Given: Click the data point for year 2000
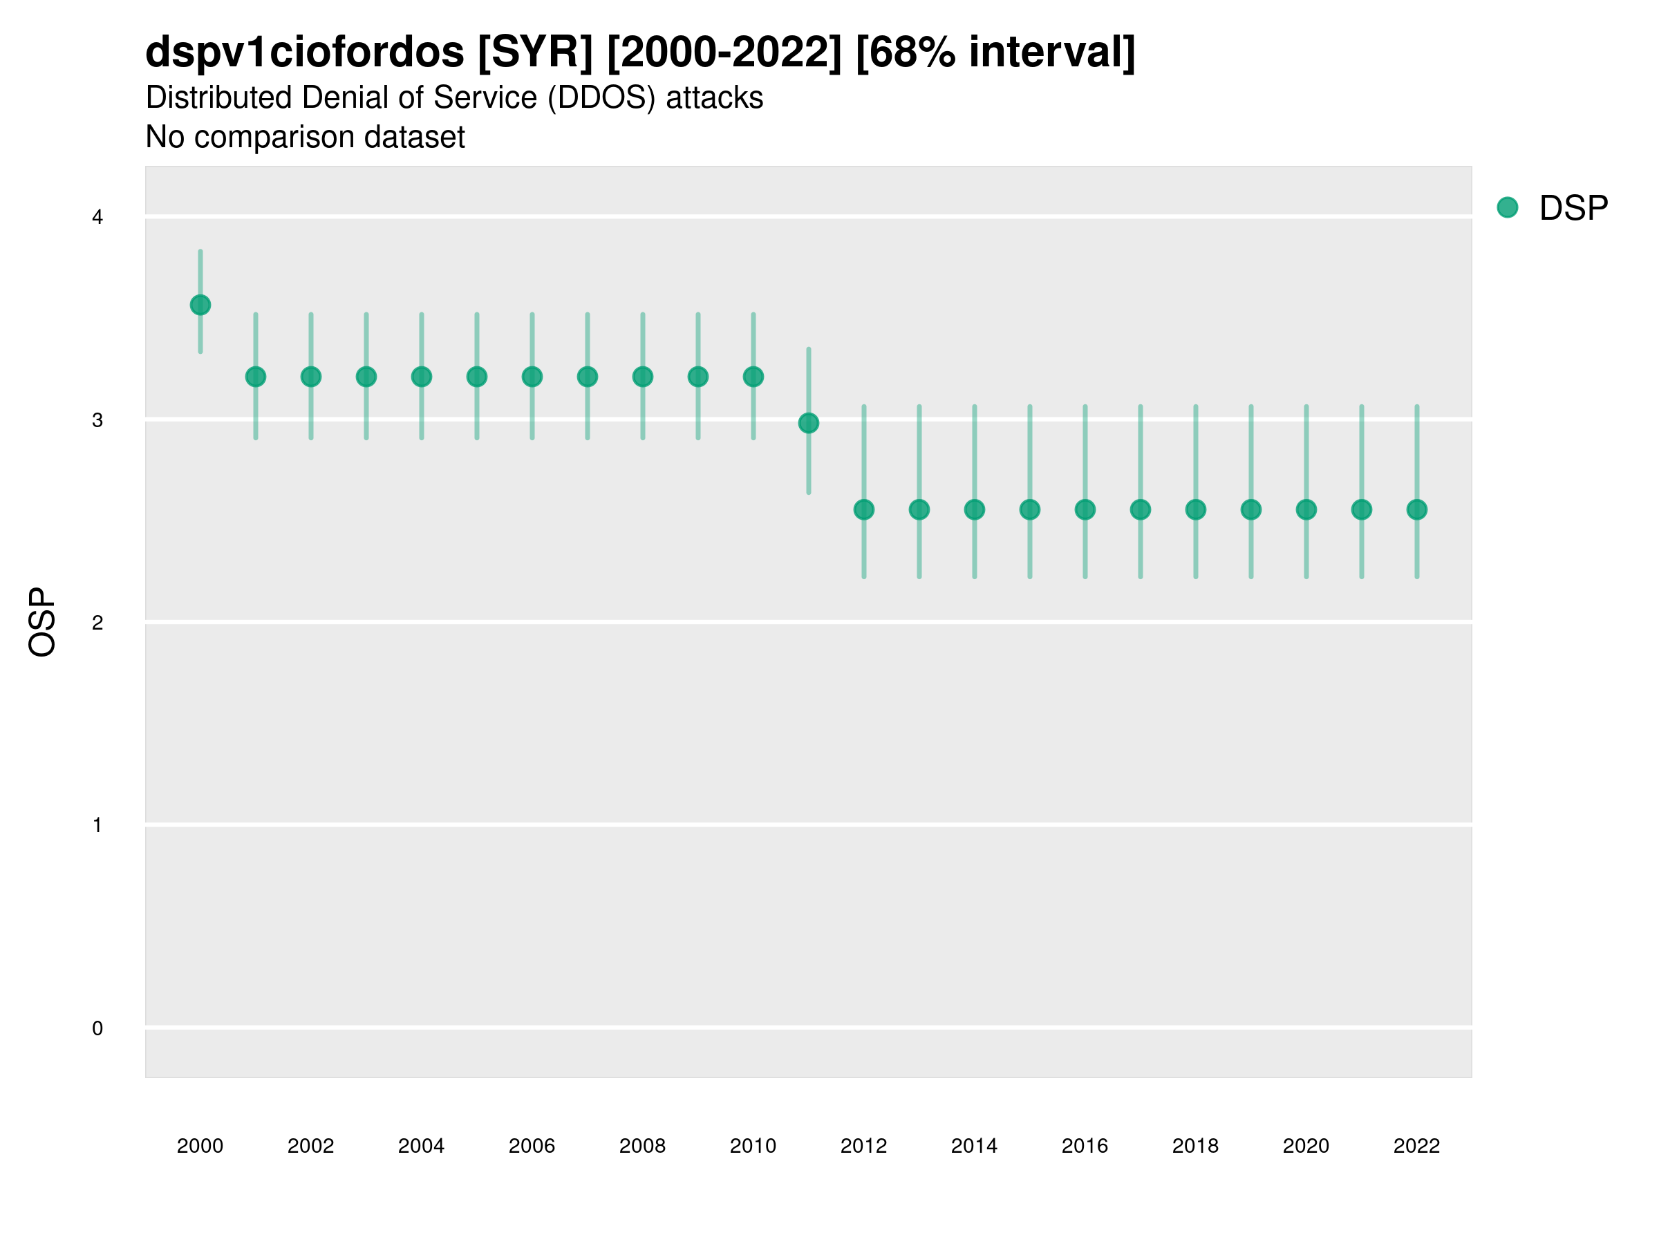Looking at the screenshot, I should click(x=200, y=305).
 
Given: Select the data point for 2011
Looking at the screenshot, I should click(x=809, y=424).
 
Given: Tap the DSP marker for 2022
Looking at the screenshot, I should click(x=1417, y=510).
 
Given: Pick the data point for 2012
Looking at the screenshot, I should click(x=864, y=510).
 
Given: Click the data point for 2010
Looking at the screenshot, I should click(x=753, y=377).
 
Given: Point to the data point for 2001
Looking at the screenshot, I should click(x=256, y=377).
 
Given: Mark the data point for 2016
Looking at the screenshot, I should click(x=1085, y=510).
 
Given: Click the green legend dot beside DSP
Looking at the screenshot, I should click(x=1508, y=208).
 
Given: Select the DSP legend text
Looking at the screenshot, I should click(x=1573, y=209).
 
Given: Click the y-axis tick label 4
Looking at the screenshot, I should click(x=97, y=218).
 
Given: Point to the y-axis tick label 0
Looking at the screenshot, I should click(x=97, y=1029).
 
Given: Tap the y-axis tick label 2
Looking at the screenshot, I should click(x=97, y=623).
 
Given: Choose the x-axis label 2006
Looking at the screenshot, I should click(x=532, y=1146).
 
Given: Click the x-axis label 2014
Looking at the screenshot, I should click(x=974, y=1146).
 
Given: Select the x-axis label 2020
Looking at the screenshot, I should click(x=1306, y=1146).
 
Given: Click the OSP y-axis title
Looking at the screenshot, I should click(x=42, y=623).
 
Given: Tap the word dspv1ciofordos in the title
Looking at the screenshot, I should click(x=305, y=53).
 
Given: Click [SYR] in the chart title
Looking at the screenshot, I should click(x=536, y=53).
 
